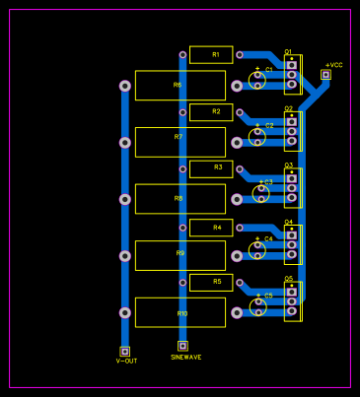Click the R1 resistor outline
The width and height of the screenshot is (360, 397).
pyautogui.click(x=211, y=55)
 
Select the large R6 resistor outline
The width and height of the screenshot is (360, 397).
pyautogui.click(x=180, y=86)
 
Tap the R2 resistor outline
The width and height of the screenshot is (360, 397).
pyautogui.click(x=211, y=112)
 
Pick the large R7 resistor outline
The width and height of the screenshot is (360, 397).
pyautogui.click(x=180, y=142)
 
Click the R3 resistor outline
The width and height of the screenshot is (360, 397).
pyautogui.click(x=211, y=169)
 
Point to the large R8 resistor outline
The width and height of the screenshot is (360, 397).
pyautogui.click(x=180, y=199)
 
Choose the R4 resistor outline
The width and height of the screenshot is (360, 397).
pyautogui.click(x=211, y=228)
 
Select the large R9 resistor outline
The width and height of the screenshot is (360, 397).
pyautogui.click(x=180, y=255)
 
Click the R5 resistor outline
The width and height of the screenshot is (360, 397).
pyautogui.click(x=211, y=283)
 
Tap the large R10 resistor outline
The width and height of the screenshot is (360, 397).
pyautogui.click(x=180, y=312)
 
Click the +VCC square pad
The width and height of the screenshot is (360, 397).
pyautogui.click(x=325, y=74)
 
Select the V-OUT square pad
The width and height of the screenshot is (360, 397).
pyautogui.click(x=125, y=350)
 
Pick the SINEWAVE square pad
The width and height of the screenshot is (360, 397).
pyautogui.click(x=182, y=346)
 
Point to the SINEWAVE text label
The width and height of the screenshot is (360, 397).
pyautogui.click(x=185, y=358)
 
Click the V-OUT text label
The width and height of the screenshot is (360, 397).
pyautogui.click(x=126, y=361)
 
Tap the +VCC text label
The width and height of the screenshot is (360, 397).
pyautogui.click(x=333, y=64)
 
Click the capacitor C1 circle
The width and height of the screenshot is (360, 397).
pyautogui.click(x=257, y=81)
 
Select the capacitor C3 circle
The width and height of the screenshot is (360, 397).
pyautogui.click(x=261, y=193)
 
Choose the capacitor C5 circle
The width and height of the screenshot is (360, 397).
pyautogui.click(x=257, y=306)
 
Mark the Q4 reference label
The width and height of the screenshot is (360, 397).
pyautogui.click(x=289, y=222)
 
